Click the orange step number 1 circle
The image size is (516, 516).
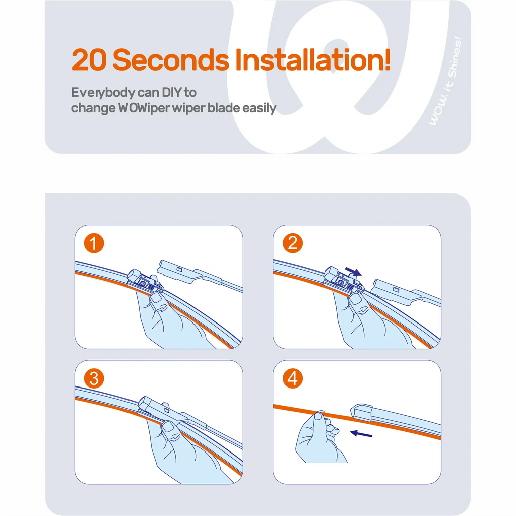[94, 243]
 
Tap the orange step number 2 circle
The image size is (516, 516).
[293, 243]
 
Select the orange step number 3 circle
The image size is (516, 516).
[94, 378]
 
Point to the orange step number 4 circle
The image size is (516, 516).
[293, 378]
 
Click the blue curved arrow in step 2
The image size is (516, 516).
[353, 272]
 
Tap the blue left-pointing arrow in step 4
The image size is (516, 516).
[361, 434]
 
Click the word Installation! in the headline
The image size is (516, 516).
[312, 59]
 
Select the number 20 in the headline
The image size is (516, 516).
[89, 59]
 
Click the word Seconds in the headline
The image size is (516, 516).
[171, 59]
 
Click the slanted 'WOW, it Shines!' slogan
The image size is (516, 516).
[445, 81]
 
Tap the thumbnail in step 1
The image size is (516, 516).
[156, 299]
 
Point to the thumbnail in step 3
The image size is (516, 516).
[168, 426]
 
